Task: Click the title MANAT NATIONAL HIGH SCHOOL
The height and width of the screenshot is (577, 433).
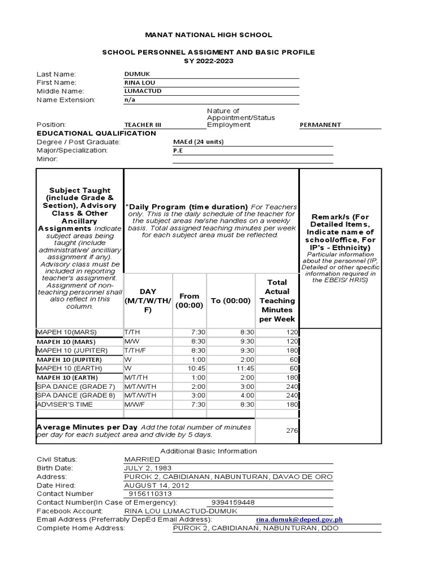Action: click(208, 35)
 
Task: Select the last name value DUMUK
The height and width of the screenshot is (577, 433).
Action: click(135, 74)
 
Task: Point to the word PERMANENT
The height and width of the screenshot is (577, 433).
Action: click(321, 125)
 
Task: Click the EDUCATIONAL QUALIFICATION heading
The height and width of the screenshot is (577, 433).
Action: click(96, 134)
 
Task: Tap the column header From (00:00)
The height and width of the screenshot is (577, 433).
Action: click(189, 300)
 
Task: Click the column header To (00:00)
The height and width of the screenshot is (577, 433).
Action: click(231, 300)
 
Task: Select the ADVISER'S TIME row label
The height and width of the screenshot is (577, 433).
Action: click(63, 405)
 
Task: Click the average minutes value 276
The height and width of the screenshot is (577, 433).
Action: click(291, 430)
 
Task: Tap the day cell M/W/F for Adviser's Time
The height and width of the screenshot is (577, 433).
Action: click(134, 405)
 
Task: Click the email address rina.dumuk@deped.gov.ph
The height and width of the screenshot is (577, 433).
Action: click(299, 520)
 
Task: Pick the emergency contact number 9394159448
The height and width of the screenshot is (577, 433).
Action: click(232, 503)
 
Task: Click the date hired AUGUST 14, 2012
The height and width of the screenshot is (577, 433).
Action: click(157, 486)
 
